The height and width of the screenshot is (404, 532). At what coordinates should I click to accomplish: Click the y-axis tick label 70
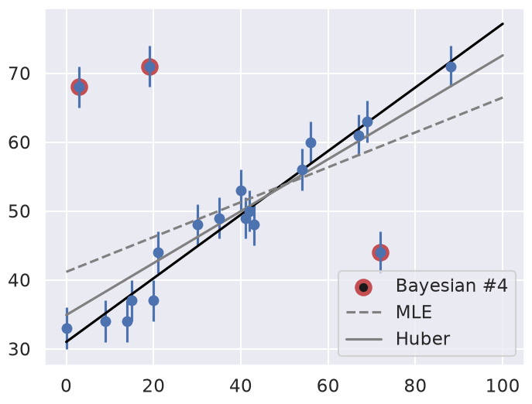pos(19,74)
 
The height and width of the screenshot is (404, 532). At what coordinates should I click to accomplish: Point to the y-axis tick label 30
pos(19,349)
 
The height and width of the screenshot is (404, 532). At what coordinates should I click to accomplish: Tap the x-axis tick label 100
pos(503,386)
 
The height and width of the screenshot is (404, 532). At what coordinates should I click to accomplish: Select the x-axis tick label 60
pos(328,386)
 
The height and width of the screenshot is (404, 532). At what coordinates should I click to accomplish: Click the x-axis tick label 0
pos(67,386)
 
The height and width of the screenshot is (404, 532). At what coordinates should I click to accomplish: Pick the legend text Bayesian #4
pos(451,286)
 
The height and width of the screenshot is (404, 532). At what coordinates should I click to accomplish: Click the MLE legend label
pos(414,312)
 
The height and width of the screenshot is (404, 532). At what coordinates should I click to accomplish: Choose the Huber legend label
pos(423,338)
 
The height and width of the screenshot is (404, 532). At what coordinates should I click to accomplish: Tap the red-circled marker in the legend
pos(363,287)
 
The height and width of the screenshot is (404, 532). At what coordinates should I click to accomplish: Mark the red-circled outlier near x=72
pos(380,252)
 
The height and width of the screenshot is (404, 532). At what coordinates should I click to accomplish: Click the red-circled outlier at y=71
pos(149,67)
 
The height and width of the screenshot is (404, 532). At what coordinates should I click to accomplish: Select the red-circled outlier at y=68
pos(80,87)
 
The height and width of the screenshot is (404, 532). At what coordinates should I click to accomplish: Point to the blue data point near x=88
pos(451,67)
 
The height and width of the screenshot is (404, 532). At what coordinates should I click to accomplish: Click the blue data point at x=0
pos(67,328)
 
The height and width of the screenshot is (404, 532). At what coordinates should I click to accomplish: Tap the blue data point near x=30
pos(197,224)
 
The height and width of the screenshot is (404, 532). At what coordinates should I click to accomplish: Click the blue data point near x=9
pos(105,321)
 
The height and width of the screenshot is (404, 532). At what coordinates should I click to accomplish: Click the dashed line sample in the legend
pos(364,312)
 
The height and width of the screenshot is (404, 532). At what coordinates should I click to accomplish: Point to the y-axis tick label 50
pos(19,211)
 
